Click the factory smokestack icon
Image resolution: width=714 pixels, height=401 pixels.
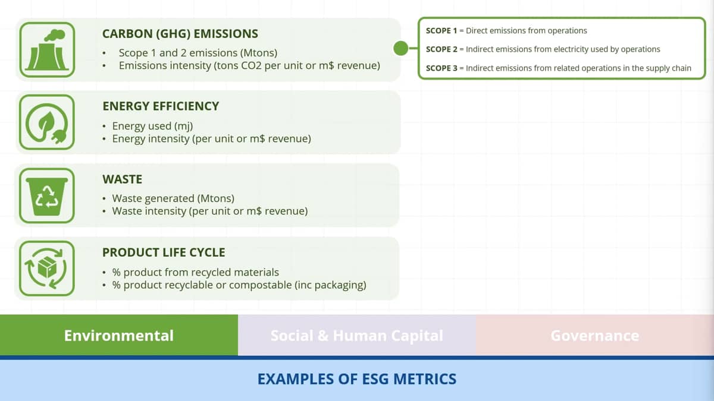click(x=47, y=50)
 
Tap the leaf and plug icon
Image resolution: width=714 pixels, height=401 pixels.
click(x=47, y=122)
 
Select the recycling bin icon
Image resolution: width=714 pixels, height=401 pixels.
click(x=47, y=195)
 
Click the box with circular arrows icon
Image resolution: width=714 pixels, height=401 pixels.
click(x=47, y=269)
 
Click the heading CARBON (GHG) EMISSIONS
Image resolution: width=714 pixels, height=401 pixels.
click(x=180, y=34)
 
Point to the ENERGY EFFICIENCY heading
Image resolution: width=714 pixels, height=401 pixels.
click(x=161, y=106)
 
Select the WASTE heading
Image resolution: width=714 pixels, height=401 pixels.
click(x=123, y=179)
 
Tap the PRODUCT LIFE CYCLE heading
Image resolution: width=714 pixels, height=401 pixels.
click(x=164, y=252)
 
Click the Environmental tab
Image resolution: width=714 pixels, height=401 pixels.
click(x=119, y=335)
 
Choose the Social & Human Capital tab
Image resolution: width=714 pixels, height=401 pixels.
click(x=356, y=335)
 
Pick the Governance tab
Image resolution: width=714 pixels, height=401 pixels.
click(x=595, y=335)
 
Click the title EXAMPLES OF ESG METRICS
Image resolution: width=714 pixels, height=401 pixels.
click(x=357, y=379)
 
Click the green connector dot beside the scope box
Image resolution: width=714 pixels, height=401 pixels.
click(x=400, y=48)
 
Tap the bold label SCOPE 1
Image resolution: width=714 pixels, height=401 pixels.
click(x=441, y=30)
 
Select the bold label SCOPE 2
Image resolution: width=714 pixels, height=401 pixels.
click(x=441, y=49)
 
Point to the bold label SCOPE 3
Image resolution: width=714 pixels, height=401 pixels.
click(x=441, y=68)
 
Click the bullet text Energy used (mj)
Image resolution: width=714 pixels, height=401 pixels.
click(x=152, y=126)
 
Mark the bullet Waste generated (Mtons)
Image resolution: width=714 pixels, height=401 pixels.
click(x=173, y=198)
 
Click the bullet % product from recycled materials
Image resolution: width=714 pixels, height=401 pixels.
click(x=195, y=273)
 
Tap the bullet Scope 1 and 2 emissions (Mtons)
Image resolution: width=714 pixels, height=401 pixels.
click(x=198, y=53)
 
